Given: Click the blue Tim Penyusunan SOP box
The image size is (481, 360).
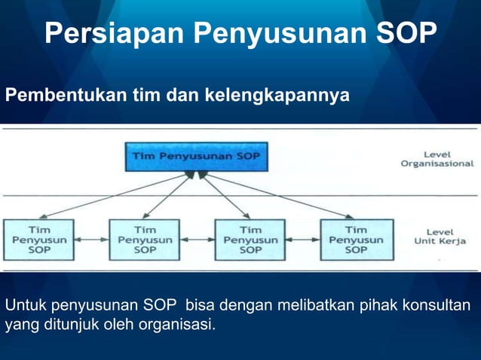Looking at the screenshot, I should (x=195, y=157).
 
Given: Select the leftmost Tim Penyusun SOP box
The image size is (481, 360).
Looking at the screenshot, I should (x=39, y=239).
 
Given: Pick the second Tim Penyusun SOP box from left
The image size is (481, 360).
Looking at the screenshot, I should (x=145, y=239).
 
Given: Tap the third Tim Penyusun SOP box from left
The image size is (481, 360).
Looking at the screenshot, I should (x=250, y=239).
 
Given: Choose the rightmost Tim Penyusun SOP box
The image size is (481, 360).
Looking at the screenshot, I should (x=356, y=239).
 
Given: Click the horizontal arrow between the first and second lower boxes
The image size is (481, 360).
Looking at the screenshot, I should (x=92, y=240).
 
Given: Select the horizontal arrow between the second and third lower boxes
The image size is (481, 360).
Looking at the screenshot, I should (x=198, y=240).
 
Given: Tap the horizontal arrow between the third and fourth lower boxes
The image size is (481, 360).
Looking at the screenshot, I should (x=303, y=240).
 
